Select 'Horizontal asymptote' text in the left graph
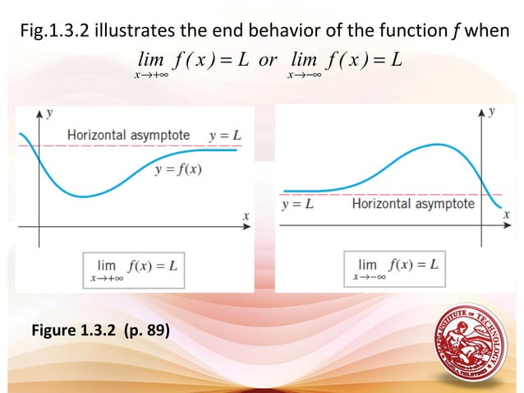(x=128, y=135)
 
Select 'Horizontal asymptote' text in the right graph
(x=413, y=203)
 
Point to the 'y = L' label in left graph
(x=224, y=135)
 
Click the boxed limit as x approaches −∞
(x=398, y=269)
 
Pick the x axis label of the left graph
(x=245, y=215)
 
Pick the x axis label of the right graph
(x=506, y=215)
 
